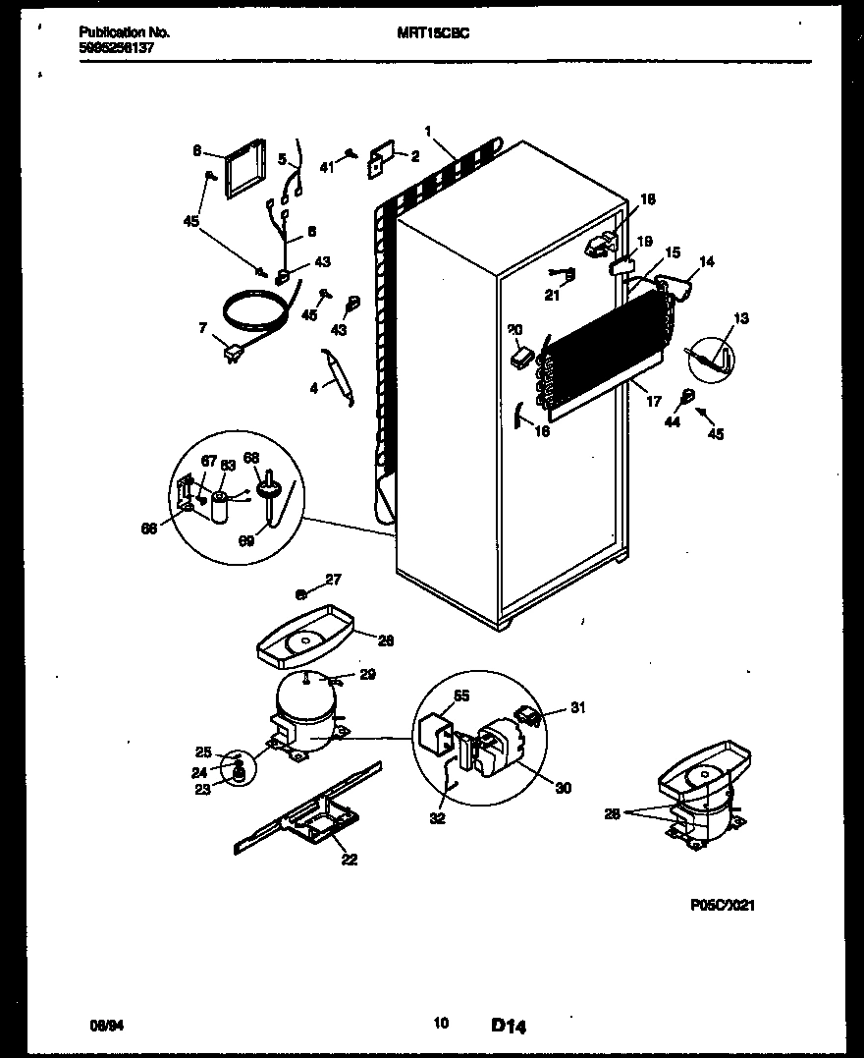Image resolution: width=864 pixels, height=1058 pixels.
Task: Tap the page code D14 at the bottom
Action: tap(509, 1027)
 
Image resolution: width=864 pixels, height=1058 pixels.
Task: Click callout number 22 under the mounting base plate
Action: tap(349, 860)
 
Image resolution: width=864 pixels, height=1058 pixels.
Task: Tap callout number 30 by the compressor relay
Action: tap(563, 788)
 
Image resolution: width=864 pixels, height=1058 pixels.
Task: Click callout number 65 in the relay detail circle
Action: tap(461, 696)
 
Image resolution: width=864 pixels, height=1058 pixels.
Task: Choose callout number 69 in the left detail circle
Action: tap(245, 540)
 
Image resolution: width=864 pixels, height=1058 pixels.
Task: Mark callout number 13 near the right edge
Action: tap(740, 317)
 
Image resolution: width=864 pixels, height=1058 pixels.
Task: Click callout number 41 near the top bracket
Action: tap(327, 168)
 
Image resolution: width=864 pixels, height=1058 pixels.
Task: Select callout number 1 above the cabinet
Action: tap(428, 132)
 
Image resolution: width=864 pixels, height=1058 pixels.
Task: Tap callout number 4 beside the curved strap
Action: tap(314, 388)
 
